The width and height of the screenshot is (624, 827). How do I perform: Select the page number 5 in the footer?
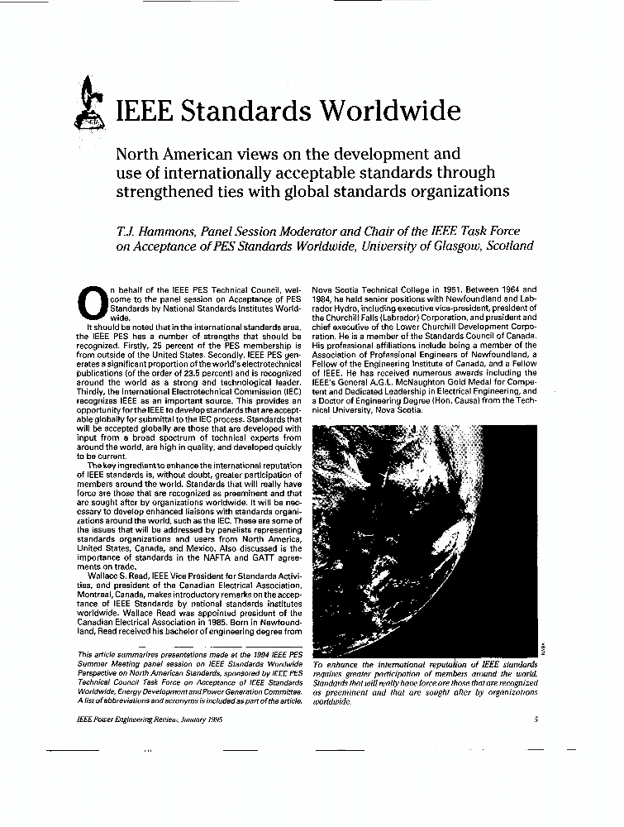[536, 719]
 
